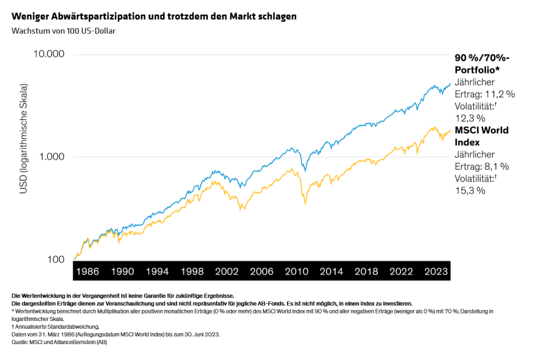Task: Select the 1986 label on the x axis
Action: pyautogui.click(x=87, y=271)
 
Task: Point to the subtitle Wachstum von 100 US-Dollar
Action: pyautogui.click(x=63, y=31)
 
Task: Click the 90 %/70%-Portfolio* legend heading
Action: pyautogui.click(x=482, y=64)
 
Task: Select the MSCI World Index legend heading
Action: pyautogui.click(x=482, y=136)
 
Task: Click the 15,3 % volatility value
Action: pyautogui.click(x=470, y=191)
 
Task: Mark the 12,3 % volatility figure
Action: pyautogui.click(x=470, y=118)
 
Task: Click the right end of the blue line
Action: pyautogui.click(x=450, y=83)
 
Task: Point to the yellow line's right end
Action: pyautogui.click(x=450, y=130)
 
